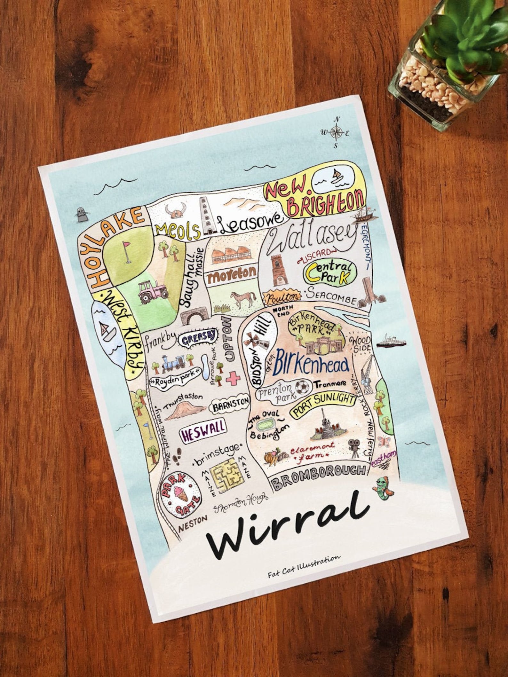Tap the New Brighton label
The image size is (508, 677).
[315, 199]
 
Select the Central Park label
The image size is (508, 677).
[329, 272]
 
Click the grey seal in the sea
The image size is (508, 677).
[81, 214]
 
